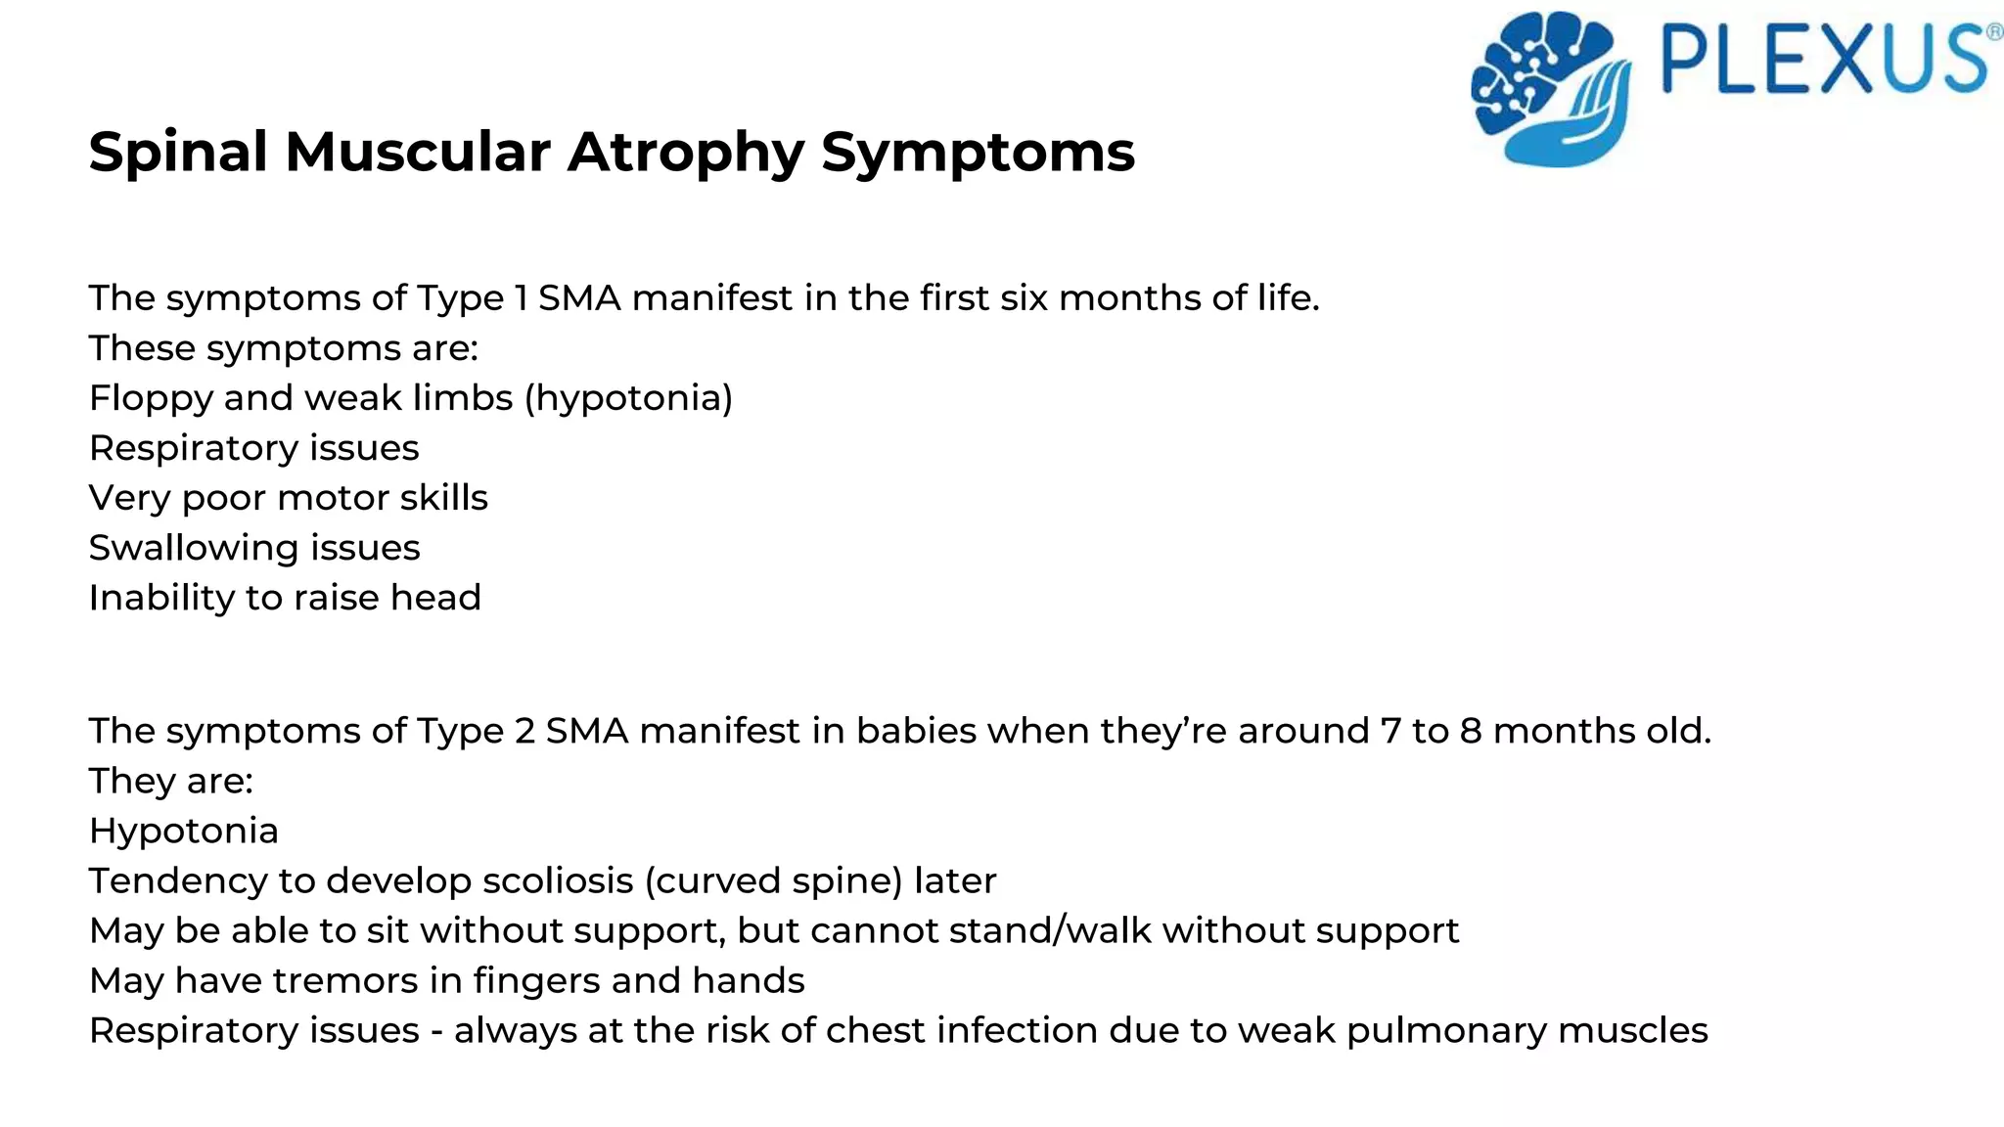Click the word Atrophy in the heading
click(685, 154)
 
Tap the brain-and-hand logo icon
click(1552, 88)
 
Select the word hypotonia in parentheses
click(629, 398)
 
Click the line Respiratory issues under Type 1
click(253, 448)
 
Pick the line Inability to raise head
click(285, 598)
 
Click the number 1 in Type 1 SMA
click(521, 298)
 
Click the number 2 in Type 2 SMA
click(524, 731)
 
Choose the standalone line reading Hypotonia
click(184, 832)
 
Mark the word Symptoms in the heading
click(978, 154)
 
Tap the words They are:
click(170, 781)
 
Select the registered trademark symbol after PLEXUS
click(1993, 31)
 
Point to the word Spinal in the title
click(177, 154)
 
